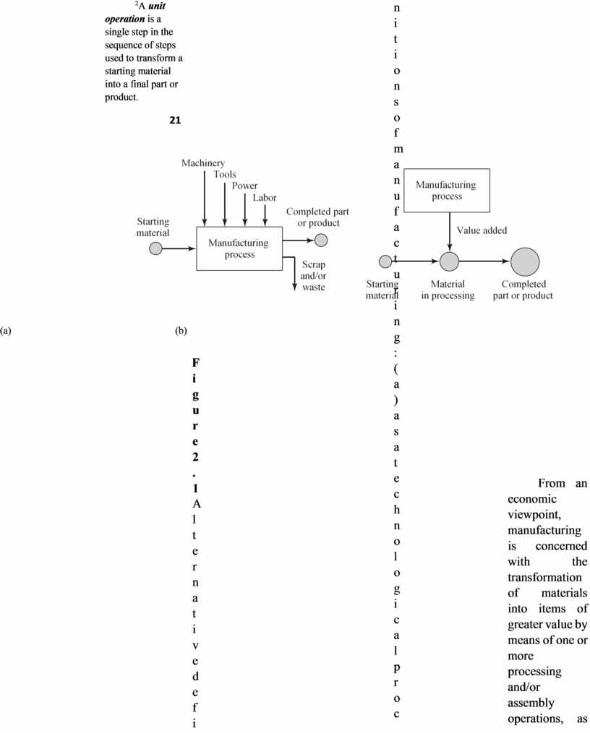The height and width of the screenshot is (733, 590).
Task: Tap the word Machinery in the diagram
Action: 202,163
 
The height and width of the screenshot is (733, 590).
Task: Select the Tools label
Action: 224,174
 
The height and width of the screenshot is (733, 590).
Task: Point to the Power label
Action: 244,186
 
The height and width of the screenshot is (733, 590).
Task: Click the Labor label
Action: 265,197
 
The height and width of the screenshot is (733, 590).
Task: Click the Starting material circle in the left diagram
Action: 155,248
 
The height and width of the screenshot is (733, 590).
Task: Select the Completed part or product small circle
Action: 321,240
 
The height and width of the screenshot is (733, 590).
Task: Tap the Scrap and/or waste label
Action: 313,276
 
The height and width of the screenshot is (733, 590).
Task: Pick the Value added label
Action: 482,230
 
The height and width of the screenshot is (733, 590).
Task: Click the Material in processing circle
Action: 450,261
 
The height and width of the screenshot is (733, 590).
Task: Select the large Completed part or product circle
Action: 525,261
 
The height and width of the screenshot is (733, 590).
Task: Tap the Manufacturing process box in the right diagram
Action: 446,191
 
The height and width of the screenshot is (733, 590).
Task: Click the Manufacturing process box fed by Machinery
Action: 238,248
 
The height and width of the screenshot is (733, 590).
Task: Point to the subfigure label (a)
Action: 7,331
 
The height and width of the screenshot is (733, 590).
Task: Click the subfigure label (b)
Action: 181,331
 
